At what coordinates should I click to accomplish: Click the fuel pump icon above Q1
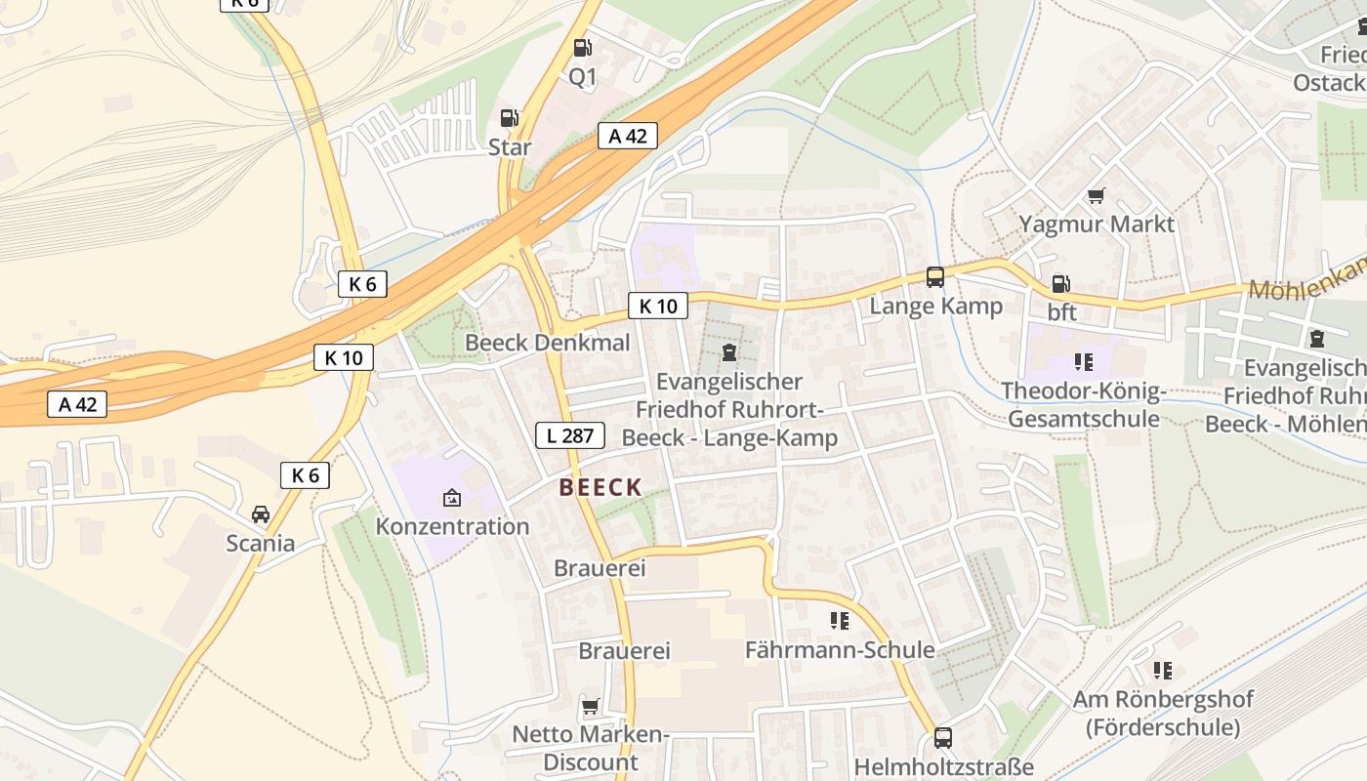click(582, 47)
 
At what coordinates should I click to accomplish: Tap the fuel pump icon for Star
click(509, 118)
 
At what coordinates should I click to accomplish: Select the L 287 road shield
click(570, 435)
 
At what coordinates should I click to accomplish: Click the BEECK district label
click(601, 488)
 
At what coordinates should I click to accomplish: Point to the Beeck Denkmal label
click(547, 343)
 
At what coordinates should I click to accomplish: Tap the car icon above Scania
click(261, 514)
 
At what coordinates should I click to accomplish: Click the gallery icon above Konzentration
click(452, 498)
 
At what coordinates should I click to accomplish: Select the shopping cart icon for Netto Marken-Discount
click(590, 706)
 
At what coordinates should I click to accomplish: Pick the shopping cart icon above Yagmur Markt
click(1097, 196)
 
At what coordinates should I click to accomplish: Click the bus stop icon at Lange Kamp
click(935, 277)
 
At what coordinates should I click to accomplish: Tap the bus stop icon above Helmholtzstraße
click(942, 738)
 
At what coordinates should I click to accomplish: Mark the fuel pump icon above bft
click(1060, 284)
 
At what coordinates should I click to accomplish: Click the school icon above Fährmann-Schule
click(839, 621)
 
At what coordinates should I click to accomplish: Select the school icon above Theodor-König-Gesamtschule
click(1083, 362)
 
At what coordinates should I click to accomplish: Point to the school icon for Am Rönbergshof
click(1162, 671)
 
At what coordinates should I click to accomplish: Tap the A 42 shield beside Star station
click(628, 137)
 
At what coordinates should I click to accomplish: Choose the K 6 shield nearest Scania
click(305, 475)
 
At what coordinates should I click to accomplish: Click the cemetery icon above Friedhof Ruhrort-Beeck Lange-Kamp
click(728, 352)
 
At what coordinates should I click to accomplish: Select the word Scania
click(261, 543)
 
